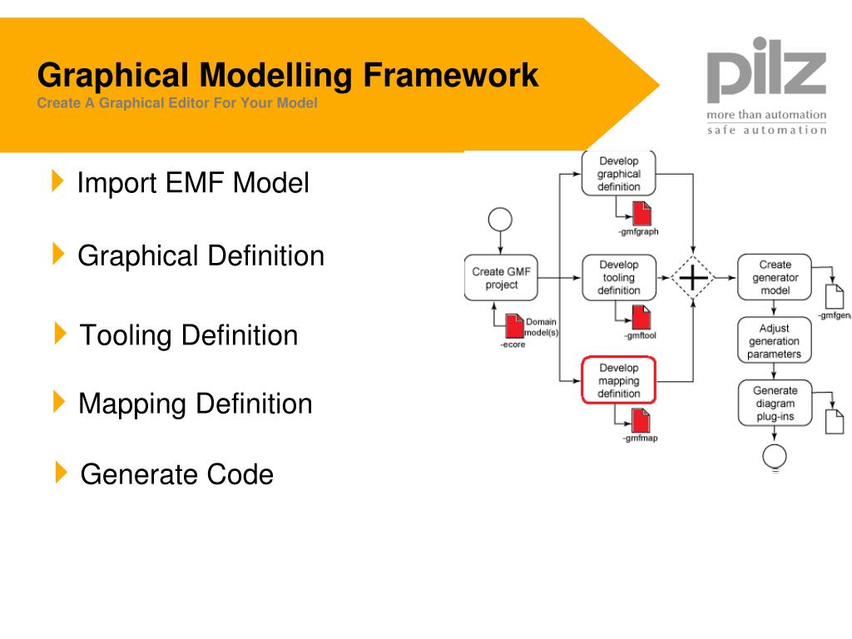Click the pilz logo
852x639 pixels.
point(766,70)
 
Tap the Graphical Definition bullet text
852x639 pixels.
point(201,255)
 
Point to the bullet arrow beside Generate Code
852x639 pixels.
point(61,473)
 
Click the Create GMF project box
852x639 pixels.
point(500,278)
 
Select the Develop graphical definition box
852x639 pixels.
point(618,174)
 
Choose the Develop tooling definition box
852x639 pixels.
point(618,277)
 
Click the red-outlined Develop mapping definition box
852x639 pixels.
point(618,380)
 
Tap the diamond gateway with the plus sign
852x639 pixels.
point(692,277)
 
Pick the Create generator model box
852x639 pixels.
point(775,277)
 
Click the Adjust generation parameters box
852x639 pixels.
point(775,341)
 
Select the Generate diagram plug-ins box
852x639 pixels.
point(775,404)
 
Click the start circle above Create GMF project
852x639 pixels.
point(500,220)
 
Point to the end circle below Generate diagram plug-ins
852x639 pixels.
point(775,454)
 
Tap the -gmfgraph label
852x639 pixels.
point(638,232)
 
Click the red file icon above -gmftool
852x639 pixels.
point(641,317)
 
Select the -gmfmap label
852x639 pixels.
point(640,438)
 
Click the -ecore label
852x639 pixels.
point(513,344)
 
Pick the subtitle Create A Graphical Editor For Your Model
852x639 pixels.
point(177,104)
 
